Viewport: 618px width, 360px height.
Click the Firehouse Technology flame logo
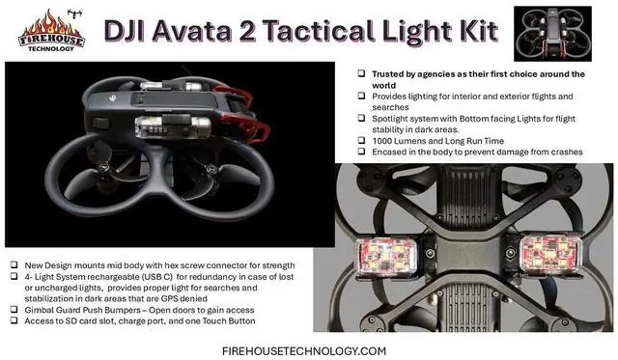pos(51,28)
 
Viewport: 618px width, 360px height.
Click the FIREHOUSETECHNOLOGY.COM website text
pos(304,349)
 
